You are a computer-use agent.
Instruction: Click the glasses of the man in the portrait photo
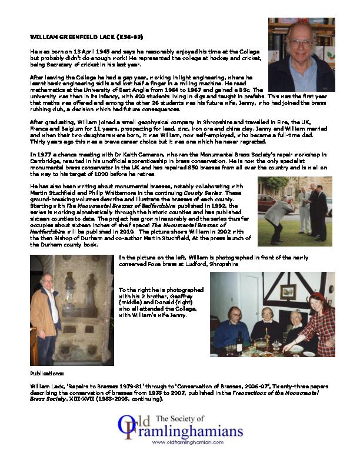click(300, 43)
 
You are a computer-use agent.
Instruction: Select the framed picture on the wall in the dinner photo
click(288, 291)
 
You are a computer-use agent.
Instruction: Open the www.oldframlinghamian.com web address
click(183, 442)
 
